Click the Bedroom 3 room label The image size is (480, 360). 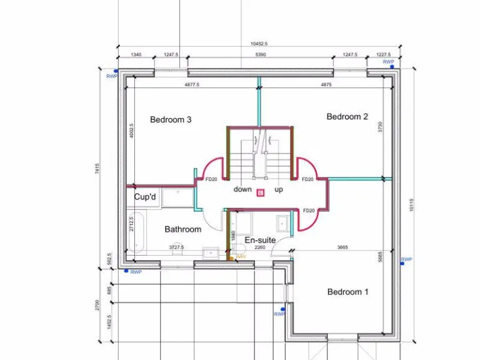171,119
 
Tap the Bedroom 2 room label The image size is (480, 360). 347,116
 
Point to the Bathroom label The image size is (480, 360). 183,229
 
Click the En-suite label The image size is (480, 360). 260,240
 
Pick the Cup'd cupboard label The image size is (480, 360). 145,196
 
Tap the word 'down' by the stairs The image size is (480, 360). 242,189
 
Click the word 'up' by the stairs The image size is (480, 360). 279,189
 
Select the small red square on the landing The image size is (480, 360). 260,192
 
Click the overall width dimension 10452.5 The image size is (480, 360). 259,44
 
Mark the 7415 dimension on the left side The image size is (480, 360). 97,169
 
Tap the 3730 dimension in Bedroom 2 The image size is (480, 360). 381,127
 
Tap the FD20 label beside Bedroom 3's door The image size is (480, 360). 211,179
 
